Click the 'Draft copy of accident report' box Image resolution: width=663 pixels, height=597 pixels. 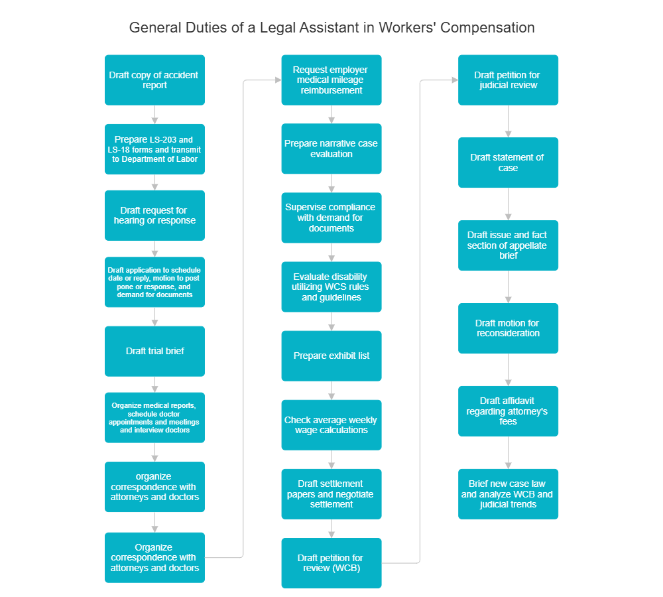pos(154,80)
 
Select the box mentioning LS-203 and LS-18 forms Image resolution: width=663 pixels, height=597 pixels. pos(154,149)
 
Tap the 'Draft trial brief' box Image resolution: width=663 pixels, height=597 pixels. pos(154,351)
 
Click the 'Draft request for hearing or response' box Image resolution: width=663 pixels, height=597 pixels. pos(154,215)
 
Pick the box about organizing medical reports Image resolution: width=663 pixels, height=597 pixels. pos(154,417)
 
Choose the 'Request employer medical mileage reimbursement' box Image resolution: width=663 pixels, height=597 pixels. pos(331,80)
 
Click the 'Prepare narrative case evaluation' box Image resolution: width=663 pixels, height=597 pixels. pos(331,149)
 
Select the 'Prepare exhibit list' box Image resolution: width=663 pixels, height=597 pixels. pos(331,356)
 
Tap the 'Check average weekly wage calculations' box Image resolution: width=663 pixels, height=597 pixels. pos(331,425)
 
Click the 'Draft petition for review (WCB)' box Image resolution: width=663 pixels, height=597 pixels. pos(331,563)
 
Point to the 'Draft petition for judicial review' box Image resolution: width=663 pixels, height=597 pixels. pos(508,80)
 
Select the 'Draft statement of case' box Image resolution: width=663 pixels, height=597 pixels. pos(508,163)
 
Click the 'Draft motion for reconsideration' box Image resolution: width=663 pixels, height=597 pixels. pos(508,328)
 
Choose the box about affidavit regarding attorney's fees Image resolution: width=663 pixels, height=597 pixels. pos(508,411)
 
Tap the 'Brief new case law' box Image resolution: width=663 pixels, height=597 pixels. pos(508,494)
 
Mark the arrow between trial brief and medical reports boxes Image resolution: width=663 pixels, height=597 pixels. pos(154,384)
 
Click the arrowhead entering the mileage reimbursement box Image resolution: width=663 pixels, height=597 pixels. pos(276,80)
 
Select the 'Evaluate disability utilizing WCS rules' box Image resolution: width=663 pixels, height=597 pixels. pos(331,287)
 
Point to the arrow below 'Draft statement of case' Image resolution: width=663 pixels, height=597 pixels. pos(509,204)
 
